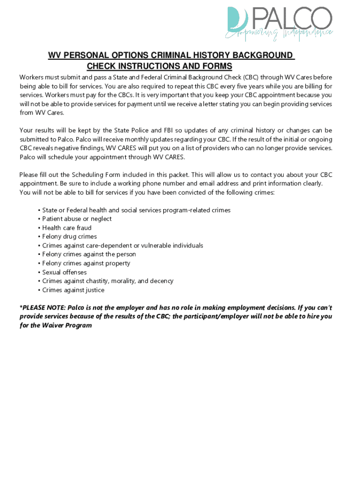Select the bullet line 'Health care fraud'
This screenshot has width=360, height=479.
pos(66,228)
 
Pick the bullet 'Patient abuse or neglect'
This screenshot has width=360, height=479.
pos(77,219)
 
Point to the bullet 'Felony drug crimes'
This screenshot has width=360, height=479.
pos(69,237)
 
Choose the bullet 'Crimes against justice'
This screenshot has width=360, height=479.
pos(73,290)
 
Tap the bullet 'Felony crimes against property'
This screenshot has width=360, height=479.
pos(86,263)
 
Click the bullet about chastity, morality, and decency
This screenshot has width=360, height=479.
pos(108,281)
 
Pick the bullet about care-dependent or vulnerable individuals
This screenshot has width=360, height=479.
pos(122,246)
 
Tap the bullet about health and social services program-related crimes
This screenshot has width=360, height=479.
pos(136,210)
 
